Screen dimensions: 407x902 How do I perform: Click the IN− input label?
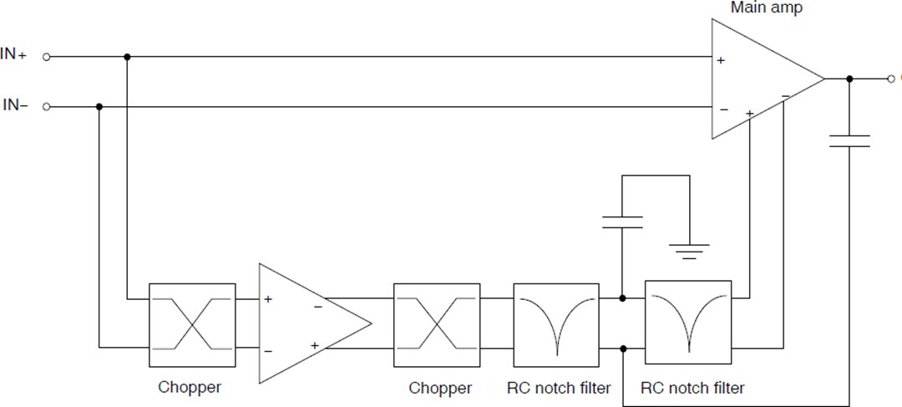pos(15,106)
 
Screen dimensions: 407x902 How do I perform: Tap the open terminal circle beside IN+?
pos(47,57)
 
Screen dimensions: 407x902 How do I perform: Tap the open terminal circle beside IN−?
pos(47,107)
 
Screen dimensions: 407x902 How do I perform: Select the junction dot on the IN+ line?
pos(127,57)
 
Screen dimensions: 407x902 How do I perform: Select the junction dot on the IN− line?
pos(99,107)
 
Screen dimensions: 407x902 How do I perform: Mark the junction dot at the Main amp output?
pos(849,79)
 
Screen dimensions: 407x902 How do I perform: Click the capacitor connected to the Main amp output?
pos(849,141)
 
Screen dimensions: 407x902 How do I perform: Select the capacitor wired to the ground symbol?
pos(622,221)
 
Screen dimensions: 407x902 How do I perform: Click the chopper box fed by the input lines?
pos(192,324)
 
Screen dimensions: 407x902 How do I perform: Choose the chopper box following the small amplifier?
pos(436,324)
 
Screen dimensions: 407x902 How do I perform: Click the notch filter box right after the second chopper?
pos(556,324)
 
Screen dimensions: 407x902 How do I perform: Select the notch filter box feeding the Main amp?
pos(688,322)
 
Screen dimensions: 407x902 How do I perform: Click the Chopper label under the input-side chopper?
pos(190,388)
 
